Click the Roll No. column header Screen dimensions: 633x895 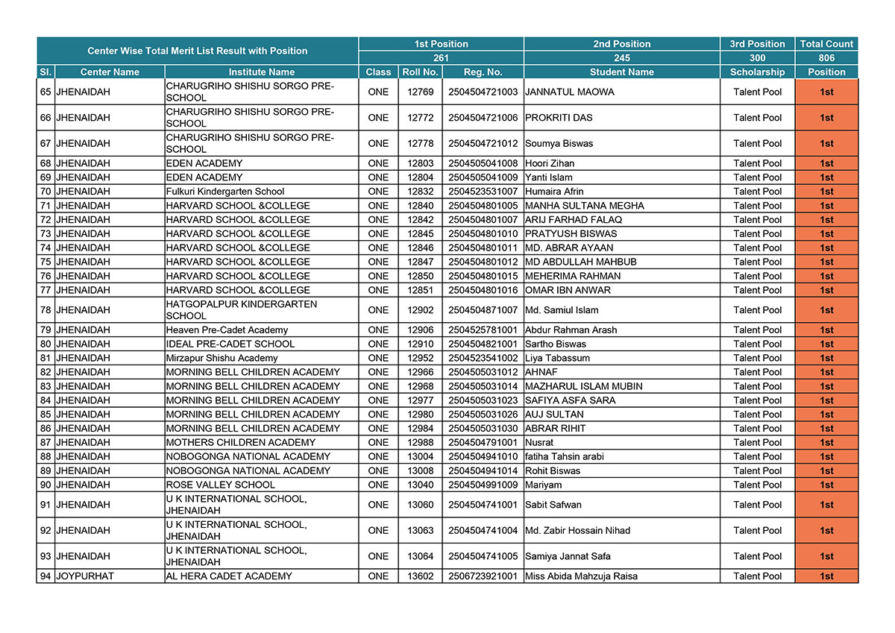tap(420, 72)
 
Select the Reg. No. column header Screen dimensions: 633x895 tap(483, 72)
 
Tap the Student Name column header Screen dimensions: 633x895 tap(621, 72)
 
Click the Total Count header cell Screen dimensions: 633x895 tap(826, 44)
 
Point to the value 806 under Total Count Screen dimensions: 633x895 tap(826, 58)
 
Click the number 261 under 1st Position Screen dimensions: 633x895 tap(441, 58)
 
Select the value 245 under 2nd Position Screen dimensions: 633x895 tap(621, 58)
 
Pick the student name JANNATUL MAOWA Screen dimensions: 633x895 tap(570, 92)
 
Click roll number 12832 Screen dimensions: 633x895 tap(420, 192)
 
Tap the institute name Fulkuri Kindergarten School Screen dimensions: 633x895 tap(224, 192)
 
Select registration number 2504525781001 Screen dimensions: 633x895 tap(483, 330)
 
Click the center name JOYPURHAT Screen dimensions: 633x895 tap(84, 576)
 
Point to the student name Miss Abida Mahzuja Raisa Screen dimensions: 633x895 tap(581, 576)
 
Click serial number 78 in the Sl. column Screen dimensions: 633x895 tap(45, 310)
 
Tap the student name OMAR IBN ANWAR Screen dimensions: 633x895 tap(568, 290)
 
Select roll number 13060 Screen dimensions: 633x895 tap(420, 505)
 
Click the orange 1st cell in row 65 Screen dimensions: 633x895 tap(826, 92)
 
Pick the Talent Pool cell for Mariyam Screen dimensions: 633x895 tap(757, 485)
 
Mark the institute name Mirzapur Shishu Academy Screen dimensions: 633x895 tap(222, 358)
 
